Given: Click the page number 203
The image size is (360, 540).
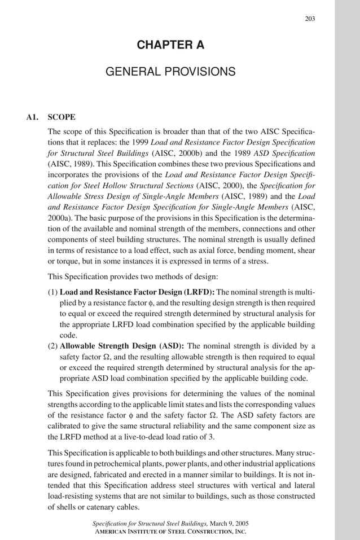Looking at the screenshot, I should coord(310,19).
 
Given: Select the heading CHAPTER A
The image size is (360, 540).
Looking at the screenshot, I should coord(171,45).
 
